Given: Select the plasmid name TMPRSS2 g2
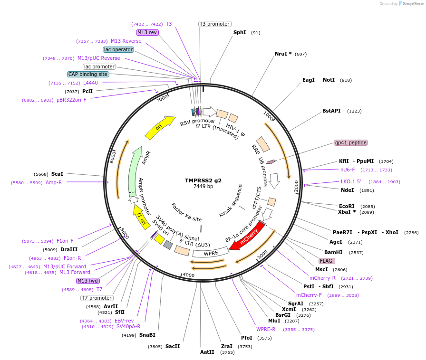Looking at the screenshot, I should (203, 180).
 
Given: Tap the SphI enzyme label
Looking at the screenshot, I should (240, 33).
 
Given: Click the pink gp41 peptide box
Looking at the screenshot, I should (351, 142).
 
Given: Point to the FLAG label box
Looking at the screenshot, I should (327, 261).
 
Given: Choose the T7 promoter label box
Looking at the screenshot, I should (97, 298).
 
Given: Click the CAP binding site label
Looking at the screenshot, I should (88, 74).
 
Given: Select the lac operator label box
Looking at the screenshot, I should (118, 49).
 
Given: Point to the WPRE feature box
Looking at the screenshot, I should (211, 253).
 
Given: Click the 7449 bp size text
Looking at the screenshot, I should (203, 187).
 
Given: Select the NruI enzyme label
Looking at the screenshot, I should (283, 54).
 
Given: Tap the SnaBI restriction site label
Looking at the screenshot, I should (147, 335).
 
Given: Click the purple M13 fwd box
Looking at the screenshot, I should (88, 281).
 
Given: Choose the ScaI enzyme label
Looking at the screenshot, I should (57, 174).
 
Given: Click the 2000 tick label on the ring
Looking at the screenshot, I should (296, 186).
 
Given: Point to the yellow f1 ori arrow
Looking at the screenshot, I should (141, 217).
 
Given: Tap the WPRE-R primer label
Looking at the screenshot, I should (266, 329).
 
